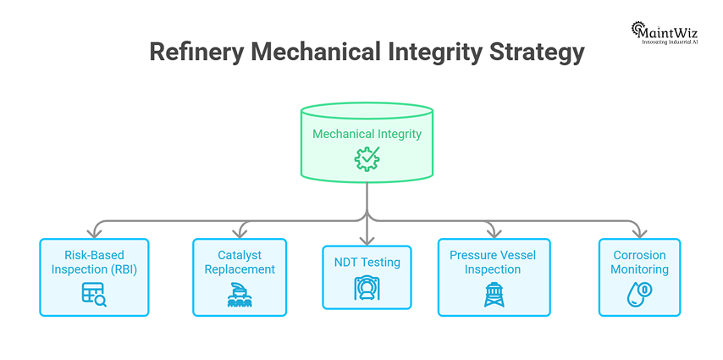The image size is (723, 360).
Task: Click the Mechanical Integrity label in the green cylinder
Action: pos(367,134)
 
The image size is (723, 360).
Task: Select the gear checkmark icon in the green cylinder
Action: pos(367,158)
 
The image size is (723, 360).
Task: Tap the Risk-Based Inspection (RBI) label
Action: pos(94,262)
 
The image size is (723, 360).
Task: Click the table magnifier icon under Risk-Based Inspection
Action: pos(94,294)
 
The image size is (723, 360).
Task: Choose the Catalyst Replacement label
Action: pos(240,262)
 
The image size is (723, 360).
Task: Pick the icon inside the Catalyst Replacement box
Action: pos(240,294)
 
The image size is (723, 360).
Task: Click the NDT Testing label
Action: pos(367,263)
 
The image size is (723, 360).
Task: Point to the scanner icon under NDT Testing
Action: pos(367,288)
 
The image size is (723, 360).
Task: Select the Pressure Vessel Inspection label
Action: pos(492,262)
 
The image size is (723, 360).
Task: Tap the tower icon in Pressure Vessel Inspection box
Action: pos(492,294)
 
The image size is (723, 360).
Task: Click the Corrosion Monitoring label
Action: pos(639,262)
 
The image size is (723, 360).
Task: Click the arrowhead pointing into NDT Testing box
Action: pos(367,240)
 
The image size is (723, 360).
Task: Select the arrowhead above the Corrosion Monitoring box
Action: pos(639,232)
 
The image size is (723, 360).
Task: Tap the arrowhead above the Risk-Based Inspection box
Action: pos(94,232)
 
